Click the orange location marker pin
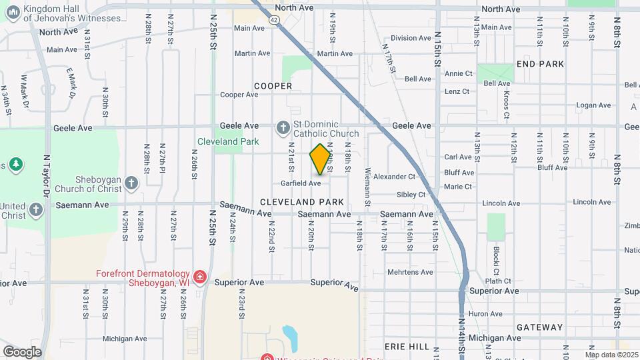click(321, 159)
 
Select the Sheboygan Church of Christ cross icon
click(131, 183)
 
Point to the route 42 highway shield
click(275, 20)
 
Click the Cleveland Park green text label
click(227, 141)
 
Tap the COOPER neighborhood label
click(273, 86)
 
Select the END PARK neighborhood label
click(540, 64)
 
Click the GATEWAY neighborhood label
click(539, 327)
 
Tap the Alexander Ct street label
click(394, 177)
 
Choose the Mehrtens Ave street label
click(411, 272)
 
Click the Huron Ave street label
click(485, 313)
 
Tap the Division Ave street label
click(411, 38)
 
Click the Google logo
click(21, 351)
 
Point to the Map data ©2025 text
click(611, 355)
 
